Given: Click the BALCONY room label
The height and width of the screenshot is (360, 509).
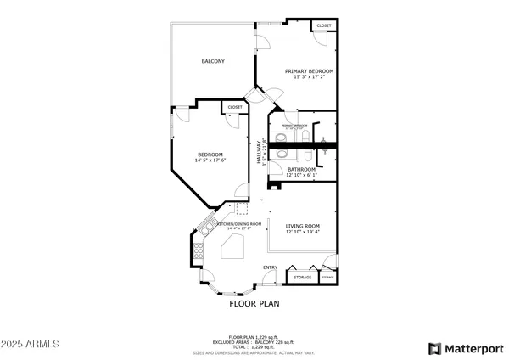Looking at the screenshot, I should point(213,61).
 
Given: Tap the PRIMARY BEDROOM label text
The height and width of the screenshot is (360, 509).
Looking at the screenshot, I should point(309,71).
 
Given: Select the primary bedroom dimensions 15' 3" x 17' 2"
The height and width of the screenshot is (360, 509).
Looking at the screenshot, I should point(309,77).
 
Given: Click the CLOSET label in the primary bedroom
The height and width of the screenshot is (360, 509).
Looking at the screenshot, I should point(324,26).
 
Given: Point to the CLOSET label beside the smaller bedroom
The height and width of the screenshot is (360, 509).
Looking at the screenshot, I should point(234,107).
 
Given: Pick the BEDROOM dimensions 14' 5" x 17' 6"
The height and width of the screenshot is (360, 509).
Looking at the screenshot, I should point(210,160).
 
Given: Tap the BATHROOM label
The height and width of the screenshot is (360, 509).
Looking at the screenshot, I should point(300,169).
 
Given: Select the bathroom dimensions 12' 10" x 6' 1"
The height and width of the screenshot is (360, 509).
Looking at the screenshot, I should point(300,175).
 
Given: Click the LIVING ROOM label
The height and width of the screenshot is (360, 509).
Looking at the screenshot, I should point(302,226).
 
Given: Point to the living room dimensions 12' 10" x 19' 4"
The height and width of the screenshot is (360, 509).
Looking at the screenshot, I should point(302,232).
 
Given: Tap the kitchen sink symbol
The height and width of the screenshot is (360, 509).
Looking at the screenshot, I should point(205,227).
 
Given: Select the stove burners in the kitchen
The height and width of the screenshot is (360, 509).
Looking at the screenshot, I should point(198,250).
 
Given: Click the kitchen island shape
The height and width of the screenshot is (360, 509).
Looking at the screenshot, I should point(232,248).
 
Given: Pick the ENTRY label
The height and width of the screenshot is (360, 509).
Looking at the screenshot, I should point(270,268).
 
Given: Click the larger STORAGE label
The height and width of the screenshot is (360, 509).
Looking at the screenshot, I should point(303,278).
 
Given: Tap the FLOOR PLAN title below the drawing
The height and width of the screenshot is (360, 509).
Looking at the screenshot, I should point(255,302).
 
